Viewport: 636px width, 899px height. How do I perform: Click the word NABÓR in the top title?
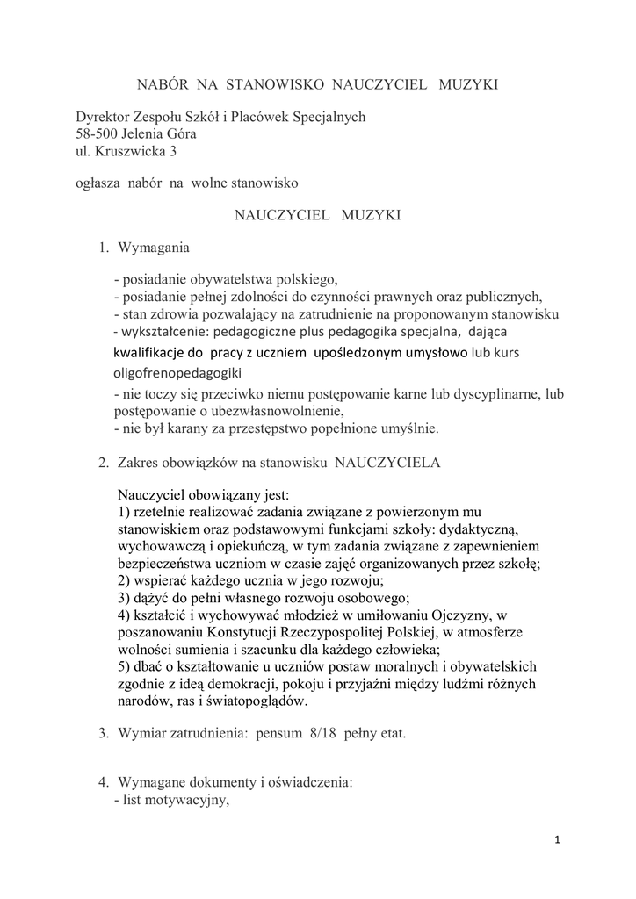[163, 84]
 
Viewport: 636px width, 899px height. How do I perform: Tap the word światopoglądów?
[254, 701]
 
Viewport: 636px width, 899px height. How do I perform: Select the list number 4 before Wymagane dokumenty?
[103, 781]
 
